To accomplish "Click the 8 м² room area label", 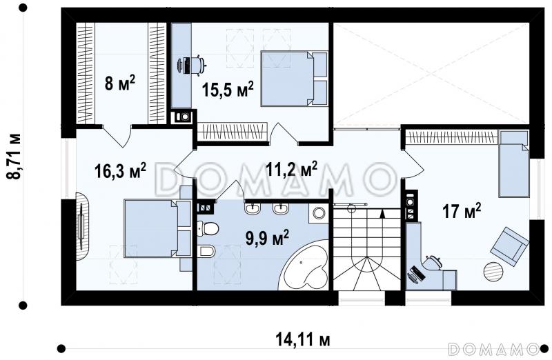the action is tap(119, 83).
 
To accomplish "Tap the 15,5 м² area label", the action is tap(228, 90).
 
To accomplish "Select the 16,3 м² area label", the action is tap(120, 170).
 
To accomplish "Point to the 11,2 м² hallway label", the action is tap(291, 170).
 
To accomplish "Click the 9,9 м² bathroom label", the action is tap(267, 238).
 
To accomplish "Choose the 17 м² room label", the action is tap(462, 212).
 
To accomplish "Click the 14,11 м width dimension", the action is tap(303, 340).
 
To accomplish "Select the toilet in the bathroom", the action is tap(208, 229).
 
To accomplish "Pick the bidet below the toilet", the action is tap(206, 251).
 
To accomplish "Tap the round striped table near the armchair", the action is tap(493, 271).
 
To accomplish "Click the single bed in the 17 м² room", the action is tap(514, 163).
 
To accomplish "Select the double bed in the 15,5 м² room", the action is tap(294, 79).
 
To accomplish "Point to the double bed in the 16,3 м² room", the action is tap(157, 228).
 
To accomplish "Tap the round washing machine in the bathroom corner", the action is tap(319, 213).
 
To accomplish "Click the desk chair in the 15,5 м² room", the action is tap(198, 65).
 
